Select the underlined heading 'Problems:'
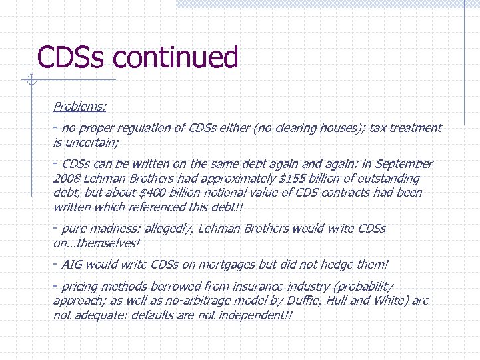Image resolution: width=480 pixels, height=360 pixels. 80,106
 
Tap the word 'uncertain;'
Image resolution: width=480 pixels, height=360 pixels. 92,142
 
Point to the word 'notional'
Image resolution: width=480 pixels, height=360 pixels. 246,193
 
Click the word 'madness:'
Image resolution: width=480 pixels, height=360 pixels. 115,229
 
